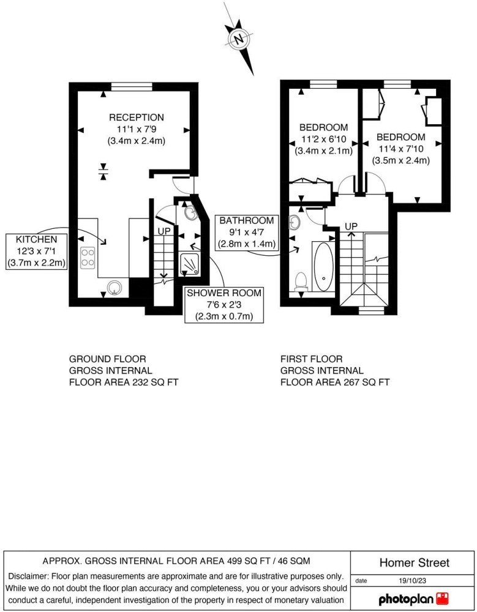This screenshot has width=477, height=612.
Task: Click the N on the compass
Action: (238, 39)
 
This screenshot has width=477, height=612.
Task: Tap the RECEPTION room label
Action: (137, 118)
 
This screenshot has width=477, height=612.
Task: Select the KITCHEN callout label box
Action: (36, 252)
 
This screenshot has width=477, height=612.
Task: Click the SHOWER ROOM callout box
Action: (224, 305)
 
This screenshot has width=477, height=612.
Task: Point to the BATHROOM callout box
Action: (247, 233)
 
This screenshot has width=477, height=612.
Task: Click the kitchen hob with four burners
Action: (88, 258)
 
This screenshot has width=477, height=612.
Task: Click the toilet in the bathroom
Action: (301, 281)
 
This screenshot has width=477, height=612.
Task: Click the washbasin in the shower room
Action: (190, 213)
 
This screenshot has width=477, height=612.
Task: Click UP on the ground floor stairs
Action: (164, 231)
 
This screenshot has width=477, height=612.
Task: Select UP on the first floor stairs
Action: (351, 226)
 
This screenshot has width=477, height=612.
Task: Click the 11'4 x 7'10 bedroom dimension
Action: (401, 149)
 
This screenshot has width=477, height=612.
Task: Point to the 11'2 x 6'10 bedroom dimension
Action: (324, 139)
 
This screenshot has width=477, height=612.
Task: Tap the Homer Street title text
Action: (415, 563)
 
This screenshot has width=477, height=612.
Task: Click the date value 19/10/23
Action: (411, 581)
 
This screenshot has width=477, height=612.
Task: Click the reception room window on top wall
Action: (132, 87)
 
